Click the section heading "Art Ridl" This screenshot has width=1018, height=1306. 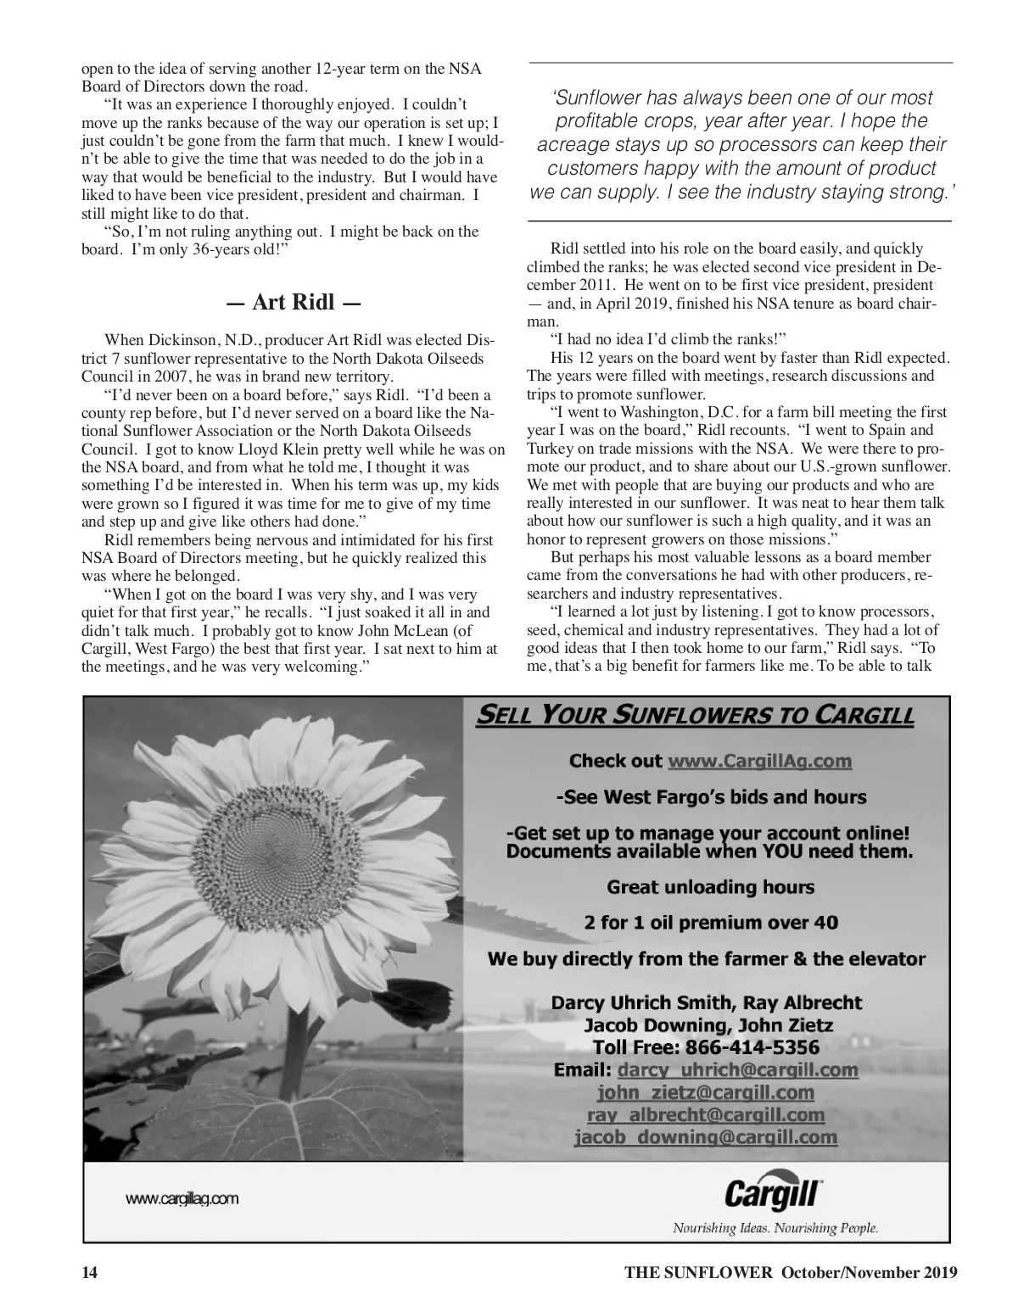[x=294, y=304]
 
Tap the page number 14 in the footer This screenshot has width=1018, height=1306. [x=90, y=1272]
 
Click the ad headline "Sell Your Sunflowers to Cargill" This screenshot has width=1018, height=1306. [x=695, y=717]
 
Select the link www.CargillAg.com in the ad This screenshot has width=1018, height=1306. [x=759, y=761]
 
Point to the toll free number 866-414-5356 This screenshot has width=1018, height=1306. [x=706, y=1047]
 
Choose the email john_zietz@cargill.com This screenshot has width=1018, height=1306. [x=705, y=1092]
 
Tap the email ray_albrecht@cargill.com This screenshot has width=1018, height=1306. [x=705, y=1114]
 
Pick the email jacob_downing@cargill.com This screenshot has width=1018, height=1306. [x=705, y=1137]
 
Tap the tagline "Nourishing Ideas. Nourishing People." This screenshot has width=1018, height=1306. [x=775, y=1228]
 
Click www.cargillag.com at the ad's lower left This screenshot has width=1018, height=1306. [x=182, y=1199]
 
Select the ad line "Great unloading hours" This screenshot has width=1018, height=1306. [x=710, y=888]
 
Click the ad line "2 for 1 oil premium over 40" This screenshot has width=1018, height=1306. [x=710, y=923]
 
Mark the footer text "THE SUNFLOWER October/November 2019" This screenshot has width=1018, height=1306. [x=791, y=1272]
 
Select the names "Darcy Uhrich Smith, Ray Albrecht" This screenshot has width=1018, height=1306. [x=706, y=1003]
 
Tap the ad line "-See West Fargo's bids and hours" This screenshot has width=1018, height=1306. [x=710, y=797]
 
